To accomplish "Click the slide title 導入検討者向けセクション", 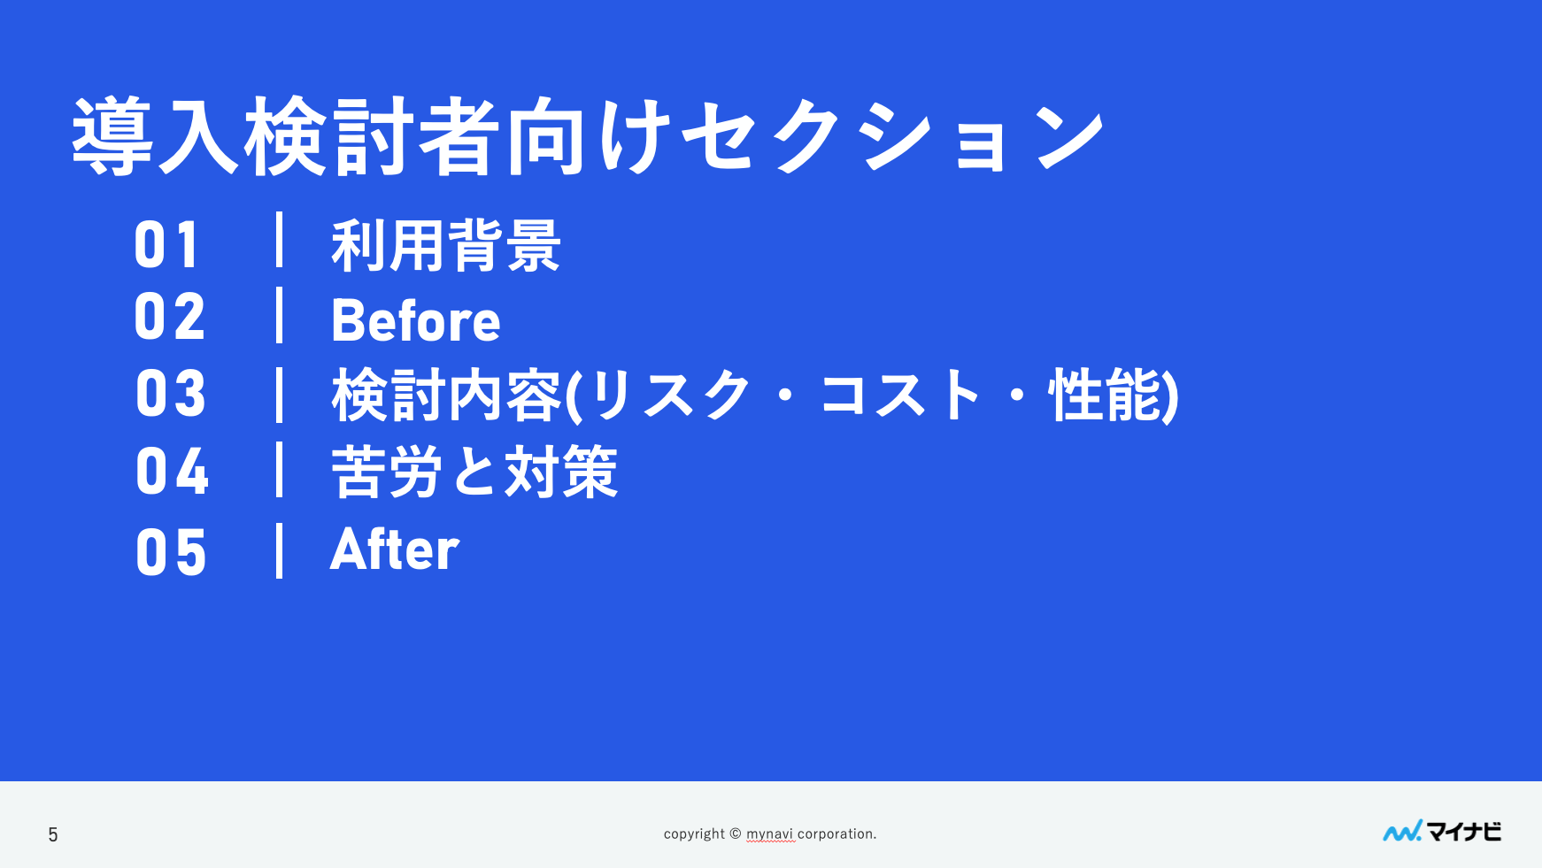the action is [589, 136].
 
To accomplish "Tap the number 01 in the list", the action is [167, 245].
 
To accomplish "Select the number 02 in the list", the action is [170, 317].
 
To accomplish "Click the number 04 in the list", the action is [172, 471].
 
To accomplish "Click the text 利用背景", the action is [446, 245].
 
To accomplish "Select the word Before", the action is [416, 319].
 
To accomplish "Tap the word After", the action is [395, 549].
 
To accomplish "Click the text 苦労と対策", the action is [474, 472].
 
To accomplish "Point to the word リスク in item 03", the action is [670, 395].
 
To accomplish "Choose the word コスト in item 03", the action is [901, 395].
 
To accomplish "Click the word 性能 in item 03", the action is [1106, 395].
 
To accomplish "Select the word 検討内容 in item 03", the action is [447, 395].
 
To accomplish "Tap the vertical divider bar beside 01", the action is [280, 240].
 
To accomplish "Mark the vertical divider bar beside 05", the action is [280, 550].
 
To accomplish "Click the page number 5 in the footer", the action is [53, 834].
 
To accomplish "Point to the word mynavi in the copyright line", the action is [770, 834].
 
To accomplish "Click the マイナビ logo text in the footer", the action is [1464, 832].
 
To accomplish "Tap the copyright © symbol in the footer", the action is [735, 833].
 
